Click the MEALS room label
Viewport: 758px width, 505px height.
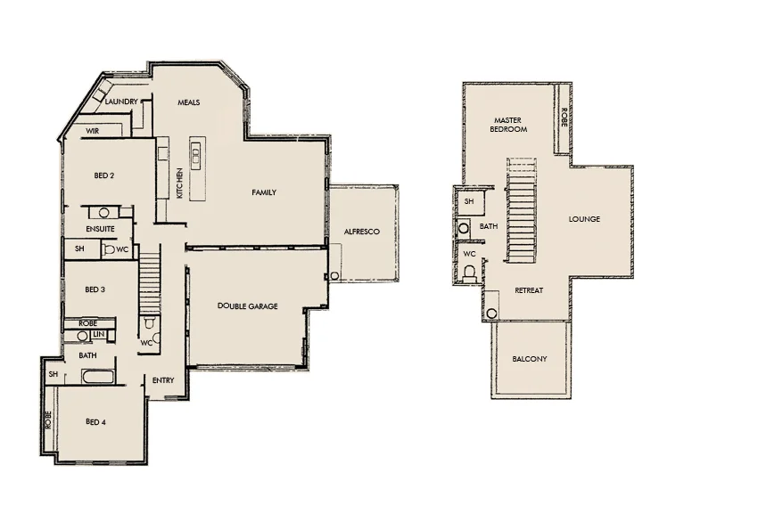click(x=188, y=102)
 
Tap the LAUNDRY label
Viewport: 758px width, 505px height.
click(x=121, y=102)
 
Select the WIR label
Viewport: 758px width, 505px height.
click(x=92, y=131)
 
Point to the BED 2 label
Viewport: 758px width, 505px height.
click(x=104, y=175)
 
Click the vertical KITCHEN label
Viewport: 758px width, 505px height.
click(x=180, y=183)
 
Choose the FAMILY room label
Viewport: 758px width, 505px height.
click(x=264, y=192)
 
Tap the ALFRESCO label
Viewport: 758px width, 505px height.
click(x=362, y=232)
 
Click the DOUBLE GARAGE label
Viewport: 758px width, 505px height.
click(x=248, y=306)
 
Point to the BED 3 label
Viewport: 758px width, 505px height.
click(x=95, y=289)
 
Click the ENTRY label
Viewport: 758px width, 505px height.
click(x=163, y=380)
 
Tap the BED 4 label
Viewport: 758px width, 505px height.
click(x=95, y=421)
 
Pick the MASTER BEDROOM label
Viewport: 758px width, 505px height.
click(x=509, y=124)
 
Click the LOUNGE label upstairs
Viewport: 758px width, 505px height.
click(x=584, y=219)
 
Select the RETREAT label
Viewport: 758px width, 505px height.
click(x=529, y=290)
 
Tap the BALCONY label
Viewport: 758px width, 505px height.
click(x=530, y=359)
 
